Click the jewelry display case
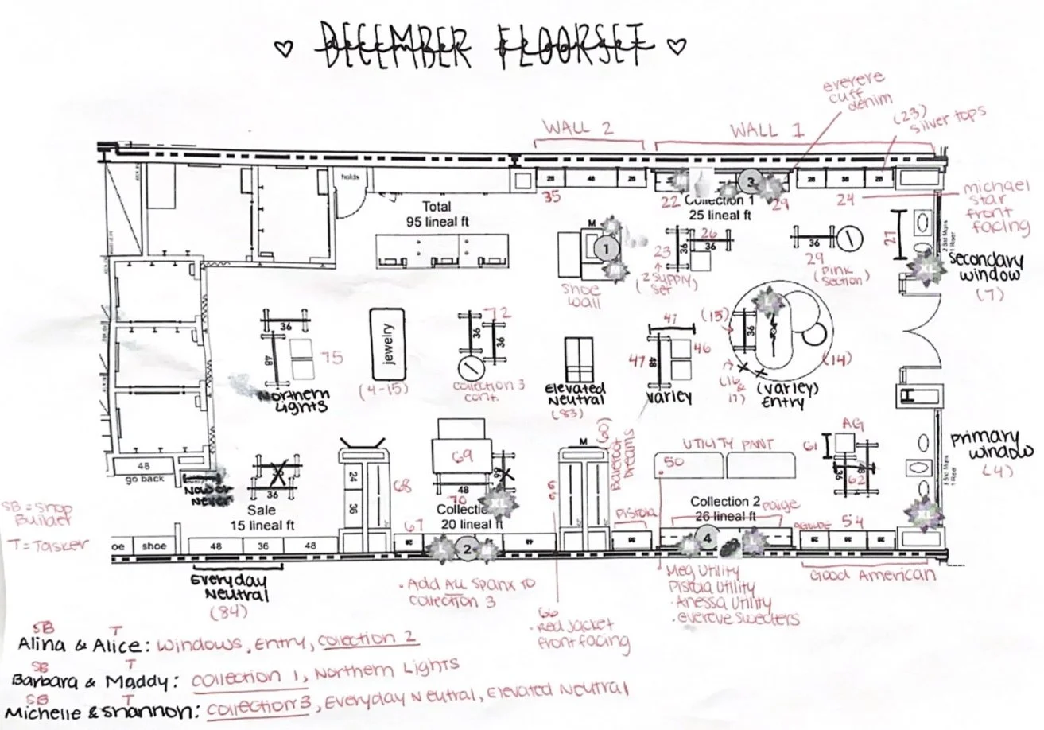[387, 344]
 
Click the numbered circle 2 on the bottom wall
[468, 548]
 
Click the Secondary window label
[986, 269]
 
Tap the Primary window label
[987, 446]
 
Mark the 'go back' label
[143, 479]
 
